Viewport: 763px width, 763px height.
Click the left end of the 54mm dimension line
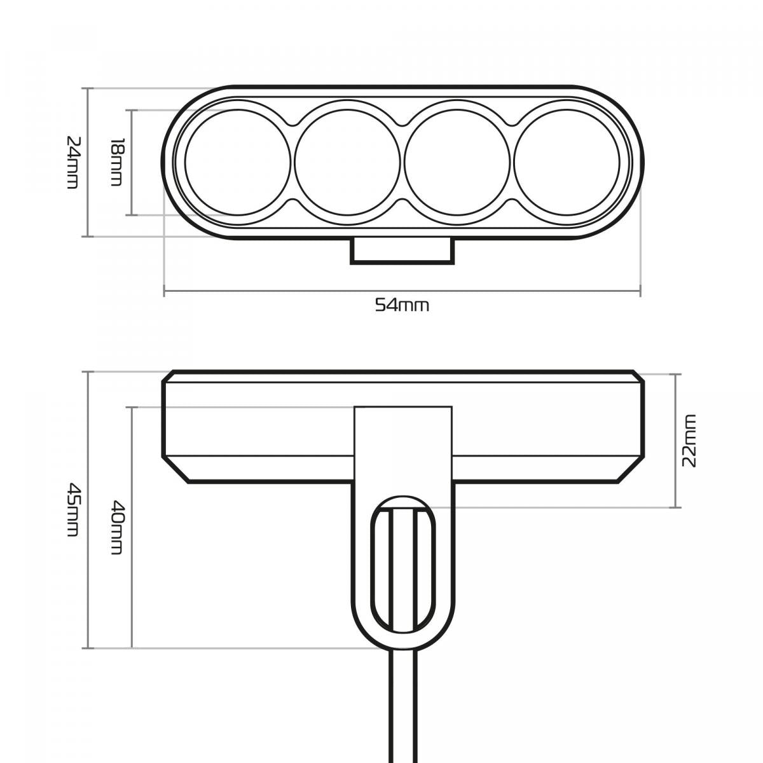(x=164, y=291)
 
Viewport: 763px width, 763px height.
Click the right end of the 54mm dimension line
(x=640, y=291)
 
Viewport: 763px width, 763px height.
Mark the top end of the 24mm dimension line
(x=88, y=88)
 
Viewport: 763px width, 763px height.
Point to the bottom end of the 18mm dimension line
(x=131, y=216)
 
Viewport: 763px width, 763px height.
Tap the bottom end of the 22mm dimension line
(x=675, y=507)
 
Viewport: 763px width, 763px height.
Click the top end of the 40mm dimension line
(x=131, y=407)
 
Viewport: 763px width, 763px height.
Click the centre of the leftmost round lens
(x=238, y=162)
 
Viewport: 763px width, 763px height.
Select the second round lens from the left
(x=347, y=162)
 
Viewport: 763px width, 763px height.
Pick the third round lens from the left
(x=457, y=162)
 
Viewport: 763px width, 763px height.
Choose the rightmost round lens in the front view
(x=567, y=162)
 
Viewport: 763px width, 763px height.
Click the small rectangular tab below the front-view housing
(x=402, y=251)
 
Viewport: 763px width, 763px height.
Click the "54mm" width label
(x=402, y=306)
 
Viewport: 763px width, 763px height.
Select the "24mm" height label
(x=73, y=162)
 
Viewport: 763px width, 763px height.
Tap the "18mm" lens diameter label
(x=116, y=162)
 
